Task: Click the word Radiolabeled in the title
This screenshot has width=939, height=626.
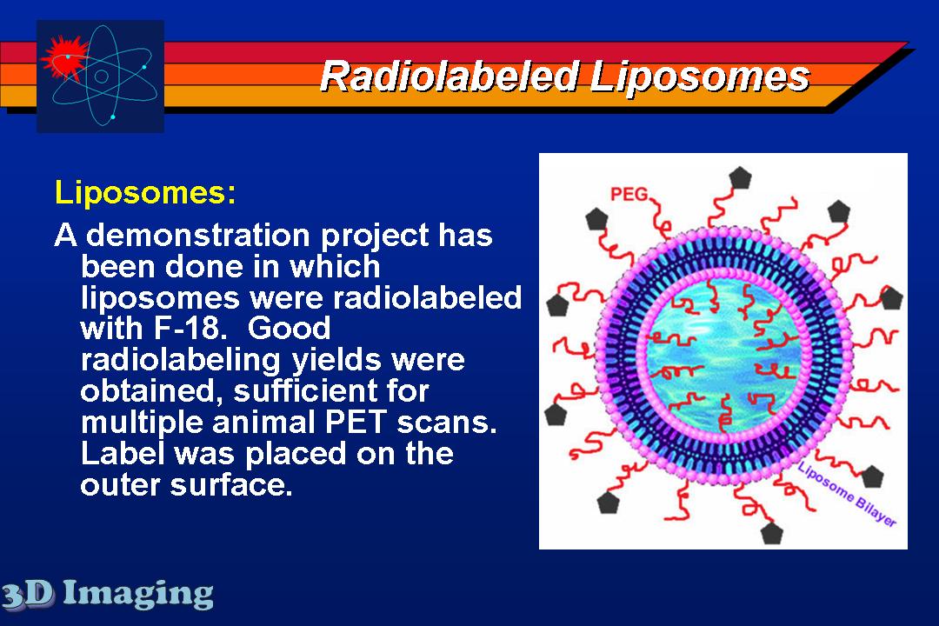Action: click(450, 77)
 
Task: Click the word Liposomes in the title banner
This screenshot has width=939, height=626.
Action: click(699, 77)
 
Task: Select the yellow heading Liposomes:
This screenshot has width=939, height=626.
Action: click(145, 192)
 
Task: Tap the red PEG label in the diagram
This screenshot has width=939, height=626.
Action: click(629, 194)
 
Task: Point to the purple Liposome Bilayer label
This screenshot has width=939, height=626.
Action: click(847, 494)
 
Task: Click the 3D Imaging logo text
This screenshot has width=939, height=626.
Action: click(107, 594)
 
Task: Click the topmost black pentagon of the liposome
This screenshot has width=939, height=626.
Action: click(740, 178)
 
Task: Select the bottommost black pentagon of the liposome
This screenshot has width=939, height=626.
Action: click(771, 533)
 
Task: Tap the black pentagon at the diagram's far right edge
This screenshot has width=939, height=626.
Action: click(891, 297)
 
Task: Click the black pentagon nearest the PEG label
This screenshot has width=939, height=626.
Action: click(596, 219)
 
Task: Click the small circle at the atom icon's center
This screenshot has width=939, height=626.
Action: click(101, 77)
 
